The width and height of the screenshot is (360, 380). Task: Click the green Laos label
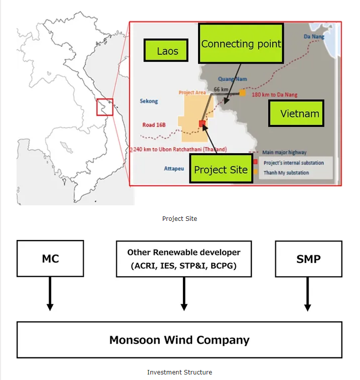click(167, 51)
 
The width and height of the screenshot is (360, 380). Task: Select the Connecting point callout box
click(241, 44)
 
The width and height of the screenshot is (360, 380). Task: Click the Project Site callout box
click(221, 169)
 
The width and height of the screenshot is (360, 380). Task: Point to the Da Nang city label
click(314, 37)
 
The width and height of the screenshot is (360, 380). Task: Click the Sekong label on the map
click(148, 101)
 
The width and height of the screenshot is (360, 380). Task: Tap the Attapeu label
click(174, 169)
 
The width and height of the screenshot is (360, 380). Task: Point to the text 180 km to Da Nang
click(274, 94)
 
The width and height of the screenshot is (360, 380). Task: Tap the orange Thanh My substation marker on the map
click(242, 93)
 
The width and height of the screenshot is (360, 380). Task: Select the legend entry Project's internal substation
click(293, 163)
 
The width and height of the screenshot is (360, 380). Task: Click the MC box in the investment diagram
click(50, 259)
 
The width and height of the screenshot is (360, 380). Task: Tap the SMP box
click(308, 259)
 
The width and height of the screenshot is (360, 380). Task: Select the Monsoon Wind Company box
click(179, 340)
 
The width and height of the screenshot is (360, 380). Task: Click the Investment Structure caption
click(179, 372)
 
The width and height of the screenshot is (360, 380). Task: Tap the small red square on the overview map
click(105, 107)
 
